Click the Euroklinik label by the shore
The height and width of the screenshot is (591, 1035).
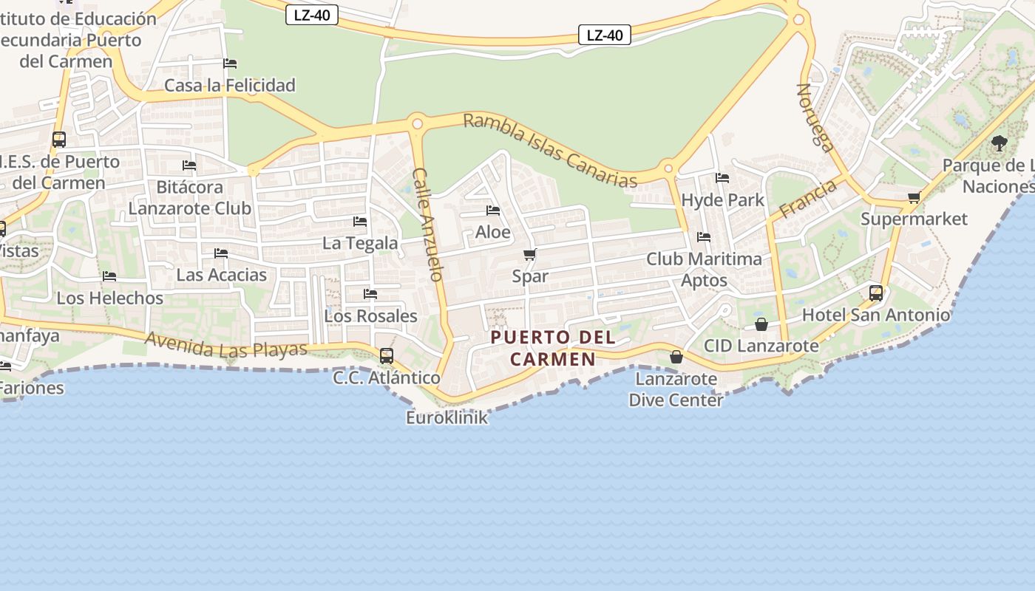click(447, 417)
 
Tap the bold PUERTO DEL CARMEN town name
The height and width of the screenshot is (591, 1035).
click(553, 348)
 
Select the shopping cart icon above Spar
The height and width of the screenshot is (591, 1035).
click(529, 255)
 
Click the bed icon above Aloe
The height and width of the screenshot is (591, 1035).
click(493, 211)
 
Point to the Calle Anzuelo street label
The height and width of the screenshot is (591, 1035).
click(428, 225)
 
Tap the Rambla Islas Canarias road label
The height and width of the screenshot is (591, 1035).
click(550, 151)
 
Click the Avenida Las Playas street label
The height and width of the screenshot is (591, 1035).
click(226, 344)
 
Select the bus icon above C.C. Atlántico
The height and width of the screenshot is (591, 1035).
click(387, 356)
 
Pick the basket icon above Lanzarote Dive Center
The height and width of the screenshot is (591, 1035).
click(676, 357)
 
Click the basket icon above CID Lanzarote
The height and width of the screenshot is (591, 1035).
click(761, 324)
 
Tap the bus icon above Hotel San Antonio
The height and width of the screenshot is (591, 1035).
click(876, 293)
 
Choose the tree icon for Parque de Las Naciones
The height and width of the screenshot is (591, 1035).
click(1000, 143)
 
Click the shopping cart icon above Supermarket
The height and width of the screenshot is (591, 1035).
click(914, 197)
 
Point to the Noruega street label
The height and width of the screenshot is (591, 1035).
click(815, 117)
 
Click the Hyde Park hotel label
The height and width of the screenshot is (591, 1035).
click(722, 200)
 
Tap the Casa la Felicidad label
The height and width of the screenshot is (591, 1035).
click(230, 85)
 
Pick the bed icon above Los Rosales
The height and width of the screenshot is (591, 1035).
click(370, 294)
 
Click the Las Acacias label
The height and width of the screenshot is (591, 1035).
click(221, 275)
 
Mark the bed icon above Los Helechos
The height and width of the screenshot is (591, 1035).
click(109, 276)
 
